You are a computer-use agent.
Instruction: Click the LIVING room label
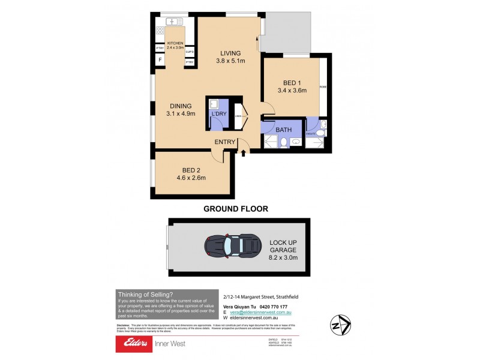click(x=230, y=52)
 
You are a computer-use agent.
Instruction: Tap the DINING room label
click(x=181, y=106)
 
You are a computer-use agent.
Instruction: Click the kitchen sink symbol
click(x=174, y=22)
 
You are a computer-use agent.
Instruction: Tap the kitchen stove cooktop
click(x=161, y=30)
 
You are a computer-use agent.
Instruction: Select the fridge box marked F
click(x=160, y=60)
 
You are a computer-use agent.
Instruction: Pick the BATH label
click(x=283, y=129)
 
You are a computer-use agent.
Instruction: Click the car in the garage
click(x=230, y=245)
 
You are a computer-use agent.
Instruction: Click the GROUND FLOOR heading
click(x=235, y=209)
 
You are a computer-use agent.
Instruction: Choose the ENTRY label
click(x=226, y=142)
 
